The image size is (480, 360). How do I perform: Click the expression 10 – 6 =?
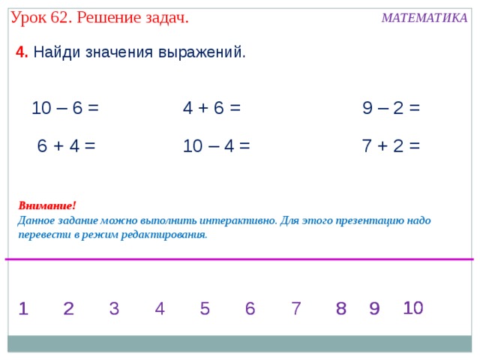65,108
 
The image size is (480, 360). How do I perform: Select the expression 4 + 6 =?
211,108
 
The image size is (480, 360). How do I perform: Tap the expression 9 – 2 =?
391,108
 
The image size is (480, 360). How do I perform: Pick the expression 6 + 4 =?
66,145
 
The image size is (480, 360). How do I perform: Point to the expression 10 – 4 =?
216,145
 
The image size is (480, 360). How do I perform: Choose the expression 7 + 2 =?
391,145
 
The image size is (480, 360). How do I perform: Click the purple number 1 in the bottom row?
23,308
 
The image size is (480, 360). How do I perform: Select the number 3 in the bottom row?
114,308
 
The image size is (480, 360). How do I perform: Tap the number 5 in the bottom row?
205,308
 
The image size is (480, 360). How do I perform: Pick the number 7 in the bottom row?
296,308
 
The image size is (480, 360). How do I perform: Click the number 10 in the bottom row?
413,307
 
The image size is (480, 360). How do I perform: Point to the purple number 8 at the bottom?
341,308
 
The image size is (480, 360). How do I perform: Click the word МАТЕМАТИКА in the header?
424,18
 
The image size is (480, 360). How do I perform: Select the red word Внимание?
47,205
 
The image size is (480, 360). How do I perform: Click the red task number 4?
22,52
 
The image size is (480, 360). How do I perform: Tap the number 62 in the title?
58,16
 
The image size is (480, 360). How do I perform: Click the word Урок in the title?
28,16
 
